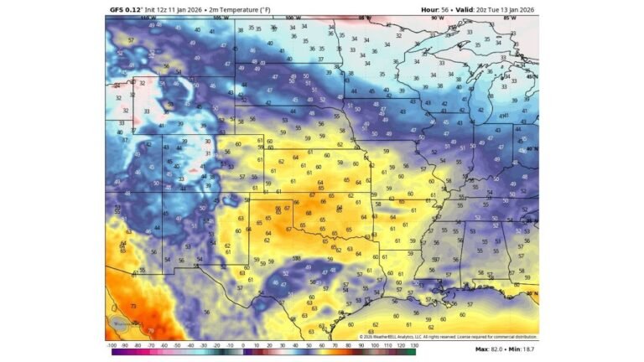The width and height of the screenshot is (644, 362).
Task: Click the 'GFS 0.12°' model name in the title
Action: pos(127,9)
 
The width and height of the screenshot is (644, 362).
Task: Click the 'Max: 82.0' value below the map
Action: pos(491,348)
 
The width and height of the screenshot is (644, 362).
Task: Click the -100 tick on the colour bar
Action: pos(112,344)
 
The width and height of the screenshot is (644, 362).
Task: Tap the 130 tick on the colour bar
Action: pos(413,344)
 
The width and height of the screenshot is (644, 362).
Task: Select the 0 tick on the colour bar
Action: pos(243,344)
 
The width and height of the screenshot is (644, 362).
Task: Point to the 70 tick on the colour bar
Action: pos(335,344)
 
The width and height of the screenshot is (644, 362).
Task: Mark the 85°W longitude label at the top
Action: pos(508,17)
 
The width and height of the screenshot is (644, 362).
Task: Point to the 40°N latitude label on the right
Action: pos(532,149)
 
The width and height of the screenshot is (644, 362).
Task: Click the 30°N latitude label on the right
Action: pos(532,293)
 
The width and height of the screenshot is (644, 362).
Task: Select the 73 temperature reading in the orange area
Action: pos(133,307)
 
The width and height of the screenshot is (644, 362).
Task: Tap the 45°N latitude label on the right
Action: pos(532,76)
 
